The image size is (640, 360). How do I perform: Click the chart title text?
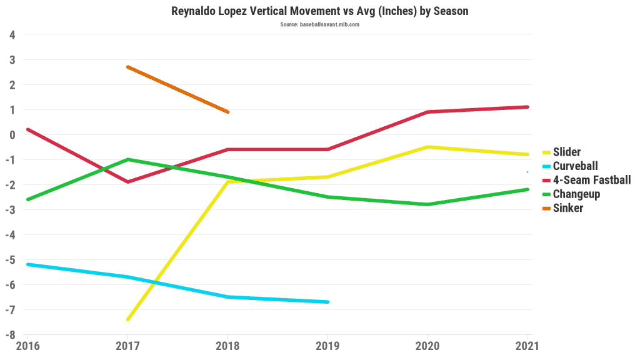point(319,11)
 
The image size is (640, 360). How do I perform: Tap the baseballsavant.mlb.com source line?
point(319,24)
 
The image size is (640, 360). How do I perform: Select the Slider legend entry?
point(567,152)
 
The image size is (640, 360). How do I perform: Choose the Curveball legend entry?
point(576,166)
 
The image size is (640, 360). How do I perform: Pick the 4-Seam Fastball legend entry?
point(591,180)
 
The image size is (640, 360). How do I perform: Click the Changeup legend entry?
point(576,194)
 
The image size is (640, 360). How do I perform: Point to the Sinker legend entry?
point(567,208)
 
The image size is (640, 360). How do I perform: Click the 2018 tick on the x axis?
point(227,344)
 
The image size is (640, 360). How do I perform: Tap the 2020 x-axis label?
point(427,344)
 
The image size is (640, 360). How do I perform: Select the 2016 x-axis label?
point(27,344)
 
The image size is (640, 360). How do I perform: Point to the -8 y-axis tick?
point(11,334)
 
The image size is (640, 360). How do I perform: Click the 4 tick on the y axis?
point(13,34)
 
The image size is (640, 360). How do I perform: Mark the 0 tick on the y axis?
point(13,134)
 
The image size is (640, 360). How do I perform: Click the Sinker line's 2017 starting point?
point(128,67)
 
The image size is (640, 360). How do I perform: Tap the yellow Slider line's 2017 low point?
point(128,319)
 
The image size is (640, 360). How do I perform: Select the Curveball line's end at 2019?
point(327,302)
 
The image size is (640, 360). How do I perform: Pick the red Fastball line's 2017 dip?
point(128,182)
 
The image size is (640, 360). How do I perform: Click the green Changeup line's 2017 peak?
point(128,159)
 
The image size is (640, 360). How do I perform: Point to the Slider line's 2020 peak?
point(427,147)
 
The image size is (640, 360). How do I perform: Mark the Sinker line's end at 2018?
point(227,112)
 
